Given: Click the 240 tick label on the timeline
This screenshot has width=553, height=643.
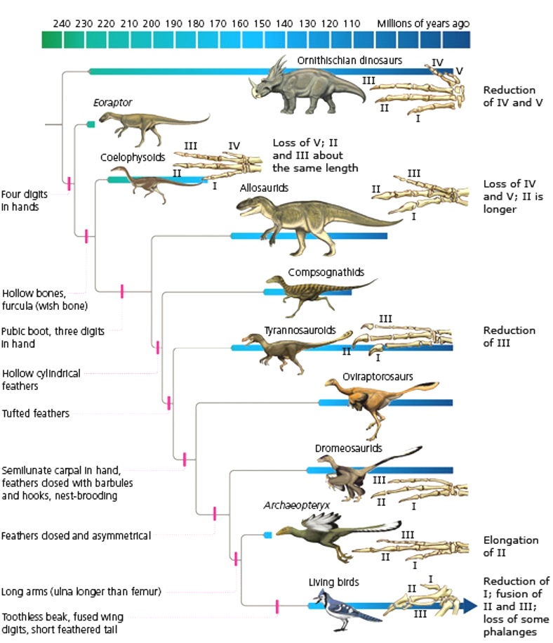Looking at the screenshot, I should (x=62, y=23).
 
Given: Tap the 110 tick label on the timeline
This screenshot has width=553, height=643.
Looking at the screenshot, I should (x=352, y=23).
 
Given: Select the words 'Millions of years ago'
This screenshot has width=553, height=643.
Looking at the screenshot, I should (x=423, y=23).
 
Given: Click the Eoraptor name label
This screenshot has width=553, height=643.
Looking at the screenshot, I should (x=112, y=103).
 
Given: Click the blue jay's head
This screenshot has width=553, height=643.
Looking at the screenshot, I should (x=323, y=599).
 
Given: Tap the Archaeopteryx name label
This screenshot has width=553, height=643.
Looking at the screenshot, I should (x=286, y=505).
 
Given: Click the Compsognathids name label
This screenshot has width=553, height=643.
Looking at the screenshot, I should (x=326, y=272).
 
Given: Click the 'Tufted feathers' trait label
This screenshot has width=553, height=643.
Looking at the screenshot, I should (x=36, y=414).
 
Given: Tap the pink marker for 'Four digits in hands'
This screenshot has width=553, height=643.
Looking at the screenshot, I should (x=69, y=185).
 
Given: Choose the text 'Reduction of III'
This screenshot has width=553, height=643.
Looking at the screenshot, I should (x=509, y=336).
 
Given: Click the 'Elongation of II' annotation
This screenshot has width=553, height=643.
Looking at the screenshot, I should (x=510, y=546).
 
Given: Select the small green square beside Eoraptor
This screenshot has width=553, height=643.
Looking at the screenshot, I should (x=91, y=124).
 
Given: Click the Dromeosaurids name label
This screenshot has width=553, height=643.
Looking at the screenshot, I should (x=348, y=448).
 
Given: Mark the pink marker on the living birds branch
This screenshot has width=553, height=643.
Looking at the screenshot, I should (x=277, y=605).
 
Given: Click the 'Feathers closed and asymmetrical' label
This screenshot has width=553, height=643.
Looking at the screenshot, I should (x=76, y=535).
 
